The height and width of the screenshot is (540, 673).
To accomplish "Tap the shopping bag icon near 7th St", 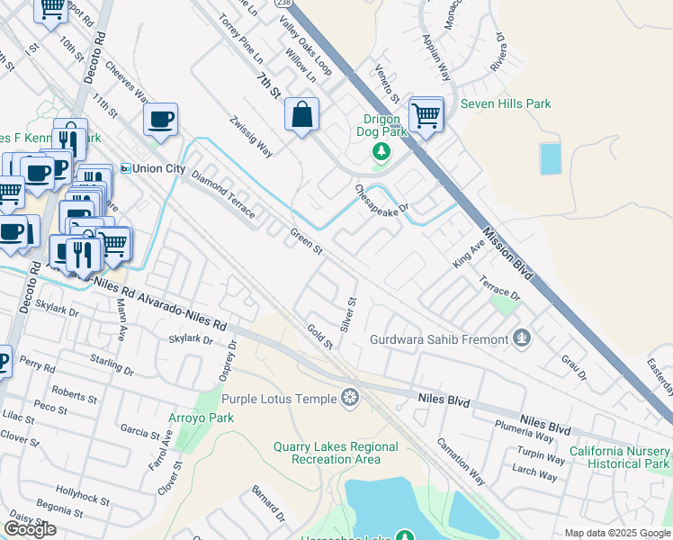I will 301,114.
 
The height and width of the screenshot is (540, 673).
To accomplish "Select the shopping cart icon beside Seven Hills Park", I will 426,114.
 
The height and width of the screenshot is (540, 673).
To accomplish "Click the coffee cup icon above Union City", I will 160,119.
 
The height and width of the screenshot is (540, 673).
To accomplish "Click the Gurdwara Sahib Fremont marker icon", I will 521,339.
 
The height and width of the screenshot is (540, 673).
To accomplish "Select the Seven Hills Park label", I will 506,104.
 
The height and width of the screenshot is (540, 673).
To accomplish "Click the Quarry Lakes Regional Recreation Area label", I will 345,453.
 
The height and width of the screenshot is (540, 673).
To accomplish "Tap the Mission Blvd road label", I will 505,253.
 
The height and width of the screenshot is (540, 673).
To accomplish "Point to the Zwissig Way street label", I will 250,136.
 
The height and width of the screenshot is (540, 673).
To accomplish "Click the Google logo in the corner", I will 31,529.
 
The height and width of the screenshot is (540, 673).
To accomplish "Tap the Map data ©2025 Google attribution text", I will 617,533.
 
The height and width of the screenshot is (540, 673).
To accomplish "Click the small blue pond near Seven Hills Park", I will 549,158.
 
